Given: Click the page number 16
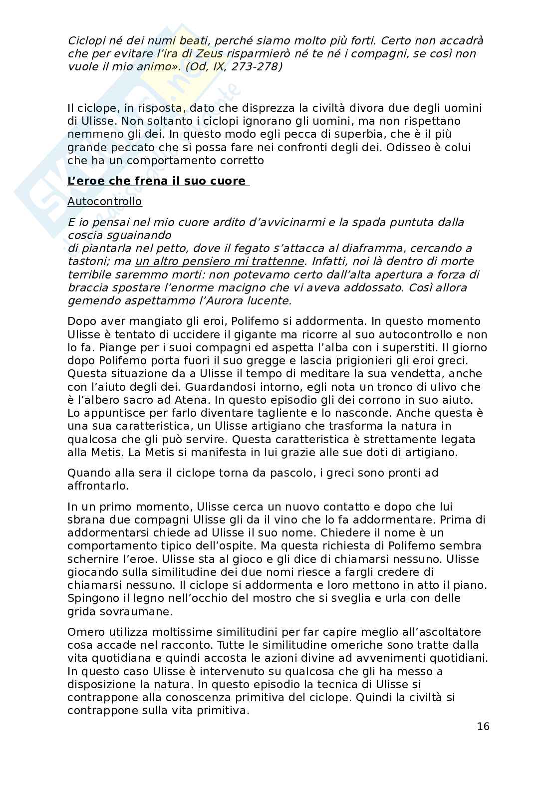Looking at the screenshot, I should [x=483, y=726].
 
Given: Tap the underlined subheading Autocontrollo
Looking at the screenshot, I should [x=105, y=201].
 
